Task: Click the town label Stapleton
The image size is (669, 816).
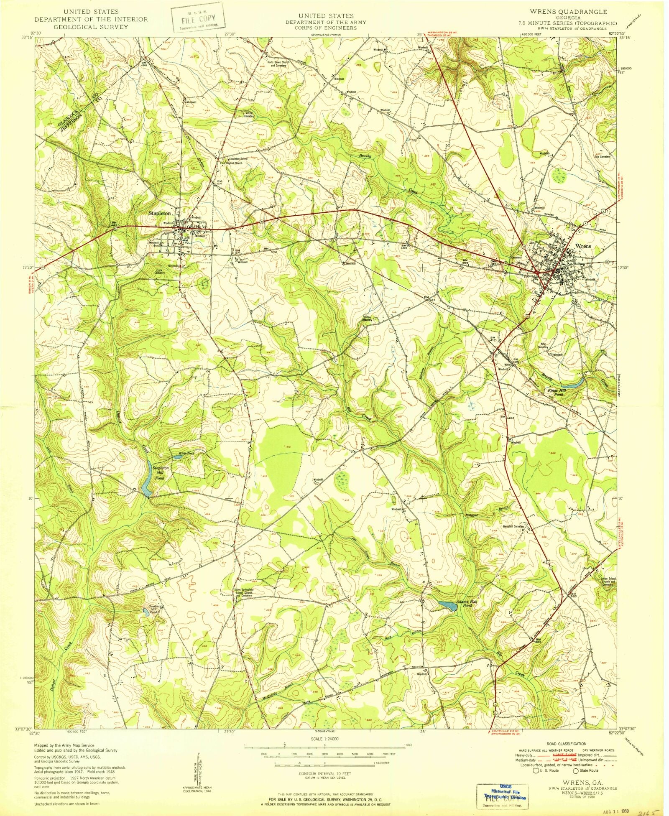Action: point(160,213)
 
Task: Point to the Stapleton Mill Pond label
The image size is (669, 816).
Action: point(160,473)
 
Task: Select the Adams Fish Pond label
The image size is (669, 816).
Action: point(466,604)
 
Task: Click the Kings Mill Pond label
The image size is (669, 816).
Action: point(557,392)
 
